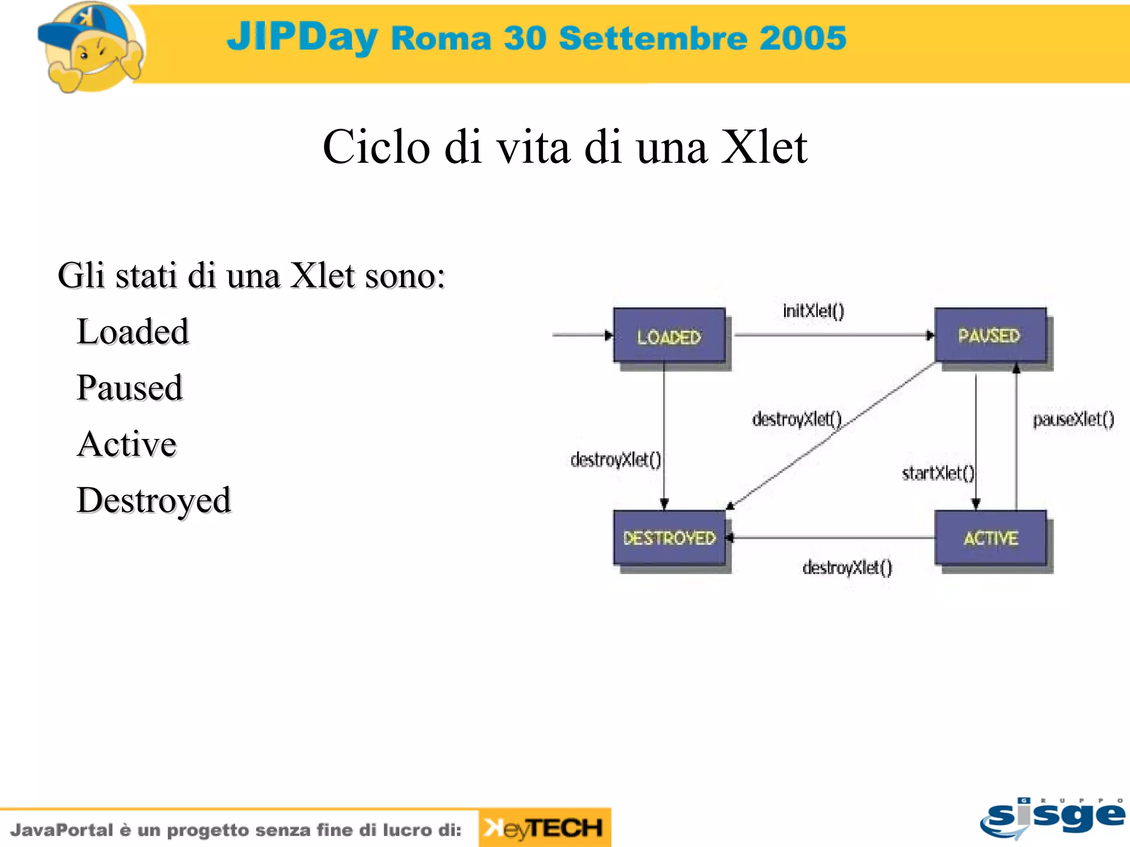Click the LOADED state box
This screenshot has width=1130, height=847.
669,335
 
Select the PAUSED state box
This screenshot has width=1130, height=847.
990,335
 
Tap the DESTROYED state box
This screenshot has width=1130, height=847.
669,538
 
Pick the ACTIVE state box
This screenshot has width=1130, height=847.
990,538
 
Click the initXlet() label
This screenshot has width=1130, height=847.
813,311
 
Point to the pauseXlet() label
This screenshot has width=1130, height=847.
1073,420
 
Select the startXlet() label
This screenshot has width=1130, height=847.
937,473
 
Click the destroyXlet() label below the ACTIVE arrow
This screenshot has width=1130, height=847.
847,567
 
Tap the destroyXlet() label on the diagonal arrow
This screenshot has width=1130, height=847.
796,419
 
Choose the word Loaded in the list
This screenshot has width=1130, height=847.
132,332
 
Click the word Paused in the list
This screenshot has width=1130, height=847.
129,388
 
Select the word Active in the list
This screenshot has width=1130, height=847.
126,444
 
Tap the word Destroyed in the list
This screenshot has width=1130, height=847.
153,500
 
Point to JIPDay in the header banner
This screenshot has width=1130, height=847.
302,36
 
